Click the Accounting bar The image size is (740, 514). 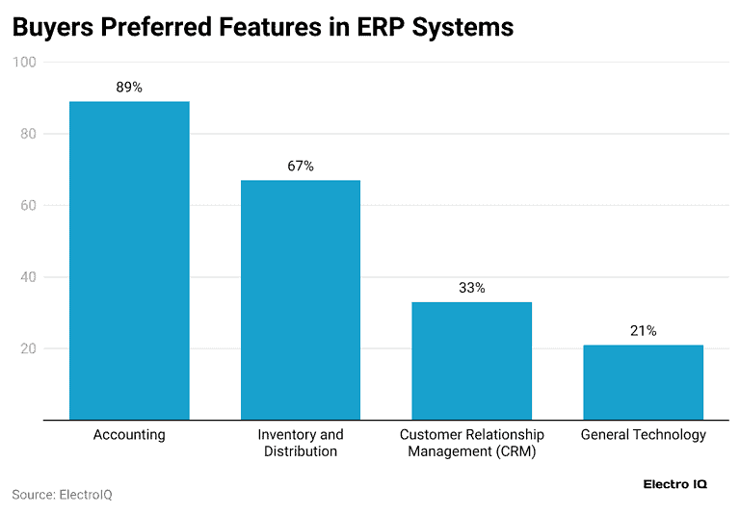point(129,261)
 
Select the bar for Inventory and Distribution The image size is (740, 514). point(300,300)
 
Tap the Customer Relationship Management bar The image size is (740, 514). point(471,361)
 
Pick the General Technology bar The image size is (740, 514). point(643,382)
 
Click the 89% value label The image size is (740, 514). point(129,88)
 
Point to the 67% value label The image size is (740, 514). point(300,167)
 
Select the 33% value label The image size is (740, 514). point(471,288)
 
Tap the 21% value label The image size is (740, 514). point(643,331)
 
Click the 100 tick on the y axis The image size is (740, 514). point(24,63)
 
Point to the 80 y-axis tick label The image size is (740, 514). point(27,134)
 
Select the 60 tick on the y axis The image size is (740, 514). point(27,206)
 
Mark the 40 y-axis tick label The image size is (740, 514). point(27,277)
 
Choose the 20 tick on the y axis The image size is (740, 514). point(27,348)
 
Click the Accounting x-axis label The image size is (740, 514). point(129,435)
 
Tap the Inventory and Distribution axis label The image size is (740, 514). point(300,443)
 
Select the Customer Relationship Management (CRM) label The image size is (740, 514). point(471,443)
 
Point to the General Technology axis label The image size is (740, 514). point(643,435)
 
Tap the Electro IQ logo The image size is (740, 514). point(674,484)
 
